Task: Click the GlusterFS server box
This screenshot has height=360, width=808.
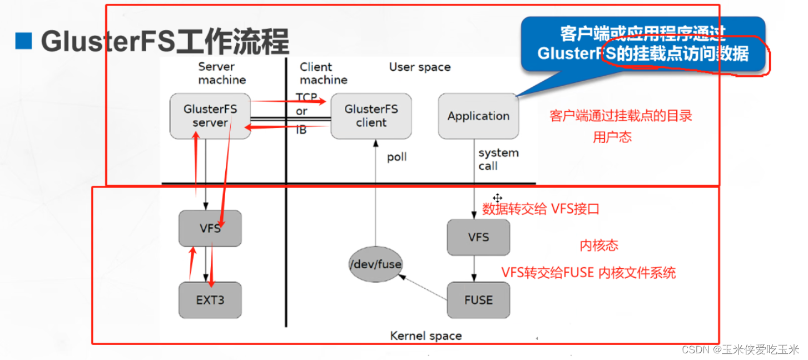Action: click(210, 116)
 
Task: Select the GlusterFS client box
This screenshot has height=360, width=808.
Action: click(371, 116)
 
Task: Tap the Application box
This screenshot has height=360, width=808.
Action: click(478, 116)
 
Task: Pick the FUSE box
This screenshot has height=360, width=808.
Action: click(478, 300)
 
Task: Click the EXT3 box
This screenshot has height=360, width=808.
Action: click(210, 300)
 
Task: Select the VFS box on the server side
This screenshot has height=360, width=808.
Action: click(210, 228)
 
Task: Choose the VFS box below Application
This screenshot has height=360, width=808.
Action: click(478, 237)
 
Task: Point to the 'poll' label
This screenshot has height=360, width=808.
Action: click(396, 157)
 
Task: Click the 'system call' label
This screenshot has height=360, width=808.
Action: click(498, 159)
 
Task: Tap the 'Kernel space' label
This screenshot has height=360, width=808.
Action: click(426, 336)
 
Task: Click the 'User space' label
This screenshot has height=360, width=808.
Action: click(420, 67)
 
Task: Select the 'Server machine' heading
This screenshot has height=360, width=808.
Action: click(222, 73)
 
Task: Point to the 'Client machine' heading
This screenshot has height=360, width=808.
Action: click(323, 73)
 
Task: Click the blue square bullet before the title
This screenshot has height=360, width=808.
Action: click(24, 41)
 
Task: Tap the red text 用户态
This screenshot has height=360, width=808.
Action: click(612, 137)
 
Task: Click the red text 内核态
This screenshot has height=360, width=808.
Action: click(599, 245)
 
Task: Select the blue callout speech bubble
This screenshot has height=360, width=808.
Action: click(642, 45)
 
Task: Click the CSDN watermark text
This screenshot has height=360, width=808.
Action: click(740, 349)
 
